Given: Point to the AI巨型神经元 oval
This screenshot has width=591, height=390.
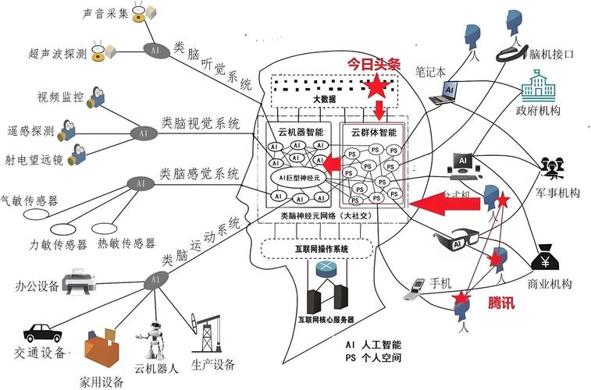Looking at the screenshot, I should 296,178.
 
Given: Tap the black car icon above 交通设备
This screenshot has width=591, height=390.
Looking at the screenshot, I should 42,331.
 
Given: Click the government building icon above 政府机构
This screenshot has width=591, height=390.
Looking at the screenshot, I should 537,86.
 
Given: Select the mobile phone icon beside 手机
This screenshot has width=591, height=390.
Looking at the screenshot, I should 415,289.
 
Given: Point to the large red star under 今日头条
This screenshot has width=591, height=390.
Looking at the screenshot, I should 378,85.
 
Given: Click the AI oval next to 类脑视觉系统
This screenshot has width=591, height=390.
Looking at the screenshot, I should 142,133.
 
